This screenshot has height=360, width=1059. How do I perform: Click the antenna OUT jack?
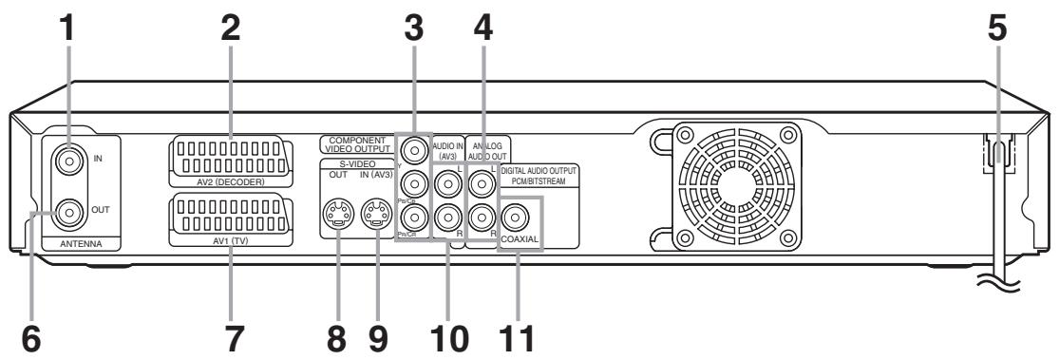click(66, 214)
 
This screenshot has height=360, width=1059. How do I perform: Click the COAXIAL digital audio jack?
click(520, 221)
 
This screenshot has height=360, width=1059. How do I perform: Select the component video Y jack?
click(413, 150)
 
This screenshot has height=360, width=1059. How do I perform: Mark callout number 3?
click(414, 33)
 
